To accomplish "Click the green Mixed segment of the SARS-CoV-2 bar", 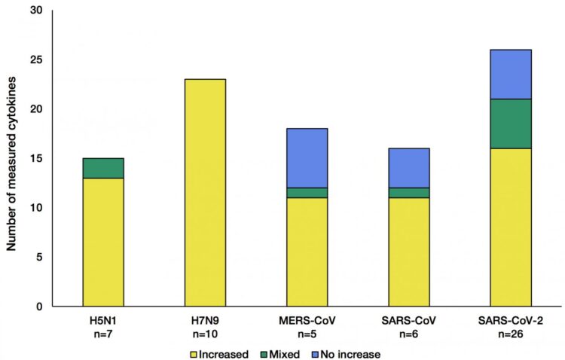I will (510, 124).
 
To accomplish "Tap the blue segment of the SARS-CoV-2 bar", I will (510, 74).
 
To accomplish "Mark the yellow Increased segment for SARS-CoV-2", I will (510, 227).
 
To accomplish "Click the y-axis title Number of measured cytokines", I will (11, 158).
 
